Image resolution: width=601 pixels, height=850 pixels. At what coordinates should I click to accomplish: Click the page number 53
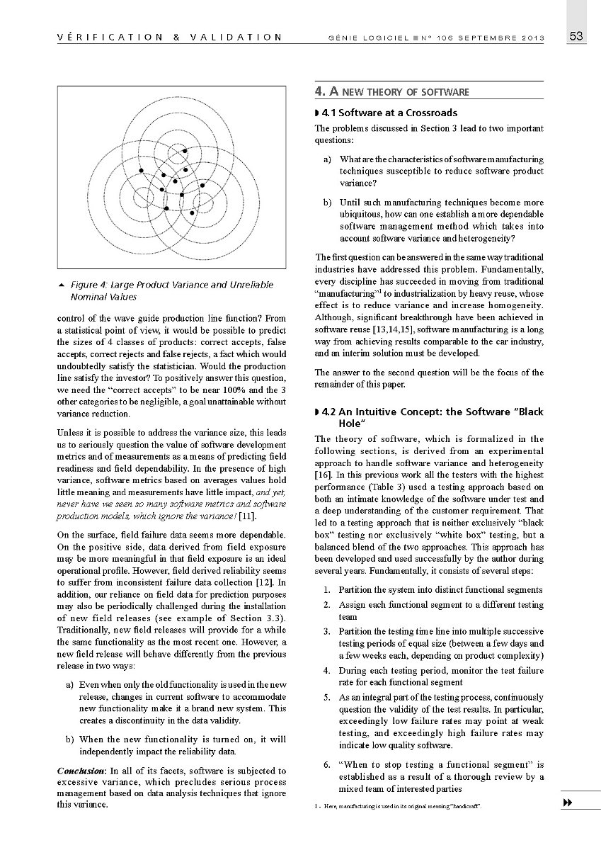[576, 37]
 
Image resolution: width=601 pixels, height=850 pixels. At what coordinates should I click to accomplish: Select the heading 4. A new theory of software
[391, 91]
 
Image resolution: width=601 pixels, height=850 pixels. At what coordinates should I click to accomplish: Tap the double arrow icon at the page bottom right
[567, 802]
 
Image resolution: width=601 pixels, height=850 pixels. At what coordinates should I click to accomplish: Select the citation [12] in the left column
[261, 582]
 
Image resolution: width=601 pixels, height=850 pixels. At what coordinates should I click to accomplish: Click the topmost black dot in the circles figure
[184, 151]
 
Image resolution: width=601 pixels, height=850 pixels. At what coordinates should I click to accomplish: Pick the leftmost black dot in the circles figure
[141, 171]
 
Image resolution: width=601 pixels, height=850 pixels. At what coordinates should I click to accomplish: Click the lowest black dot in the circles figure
[192, 211]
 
